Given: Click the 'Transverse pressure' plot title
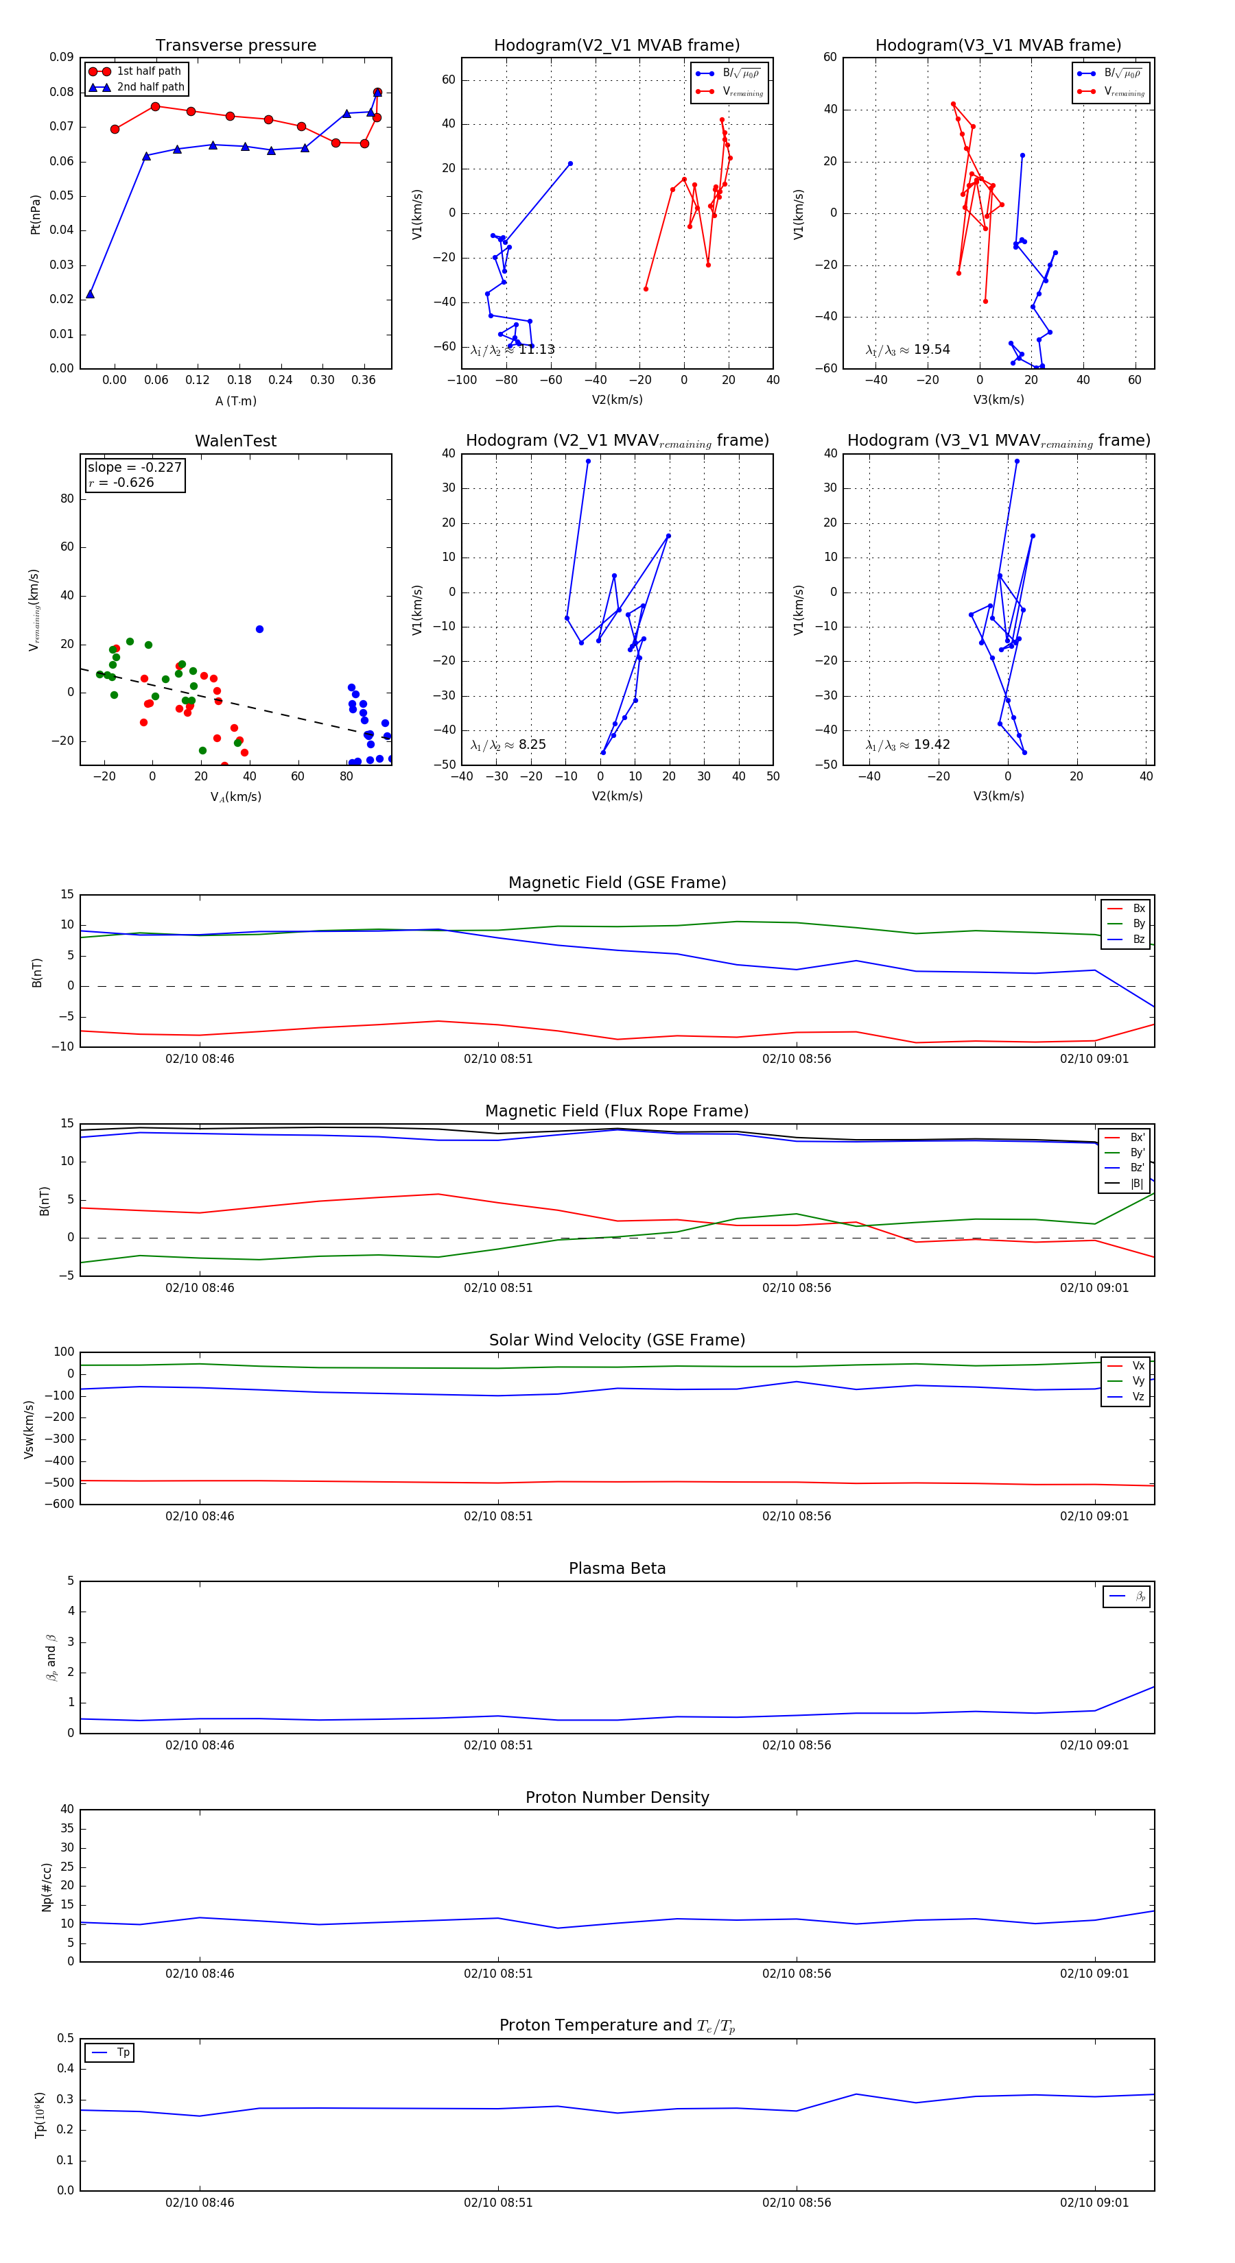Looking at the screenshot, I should click(x=235, y=46).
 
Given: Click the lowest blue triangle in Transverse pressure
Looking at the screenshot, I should click(x=90, y=294).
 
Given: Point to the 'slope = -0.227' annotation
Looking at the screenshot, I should click(x=134, y=468).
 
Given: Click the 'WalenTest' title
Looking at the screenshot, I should click(x=235, y=441).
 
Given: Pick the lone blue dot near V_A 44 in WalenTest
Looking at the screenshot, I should click(x=259, y=629).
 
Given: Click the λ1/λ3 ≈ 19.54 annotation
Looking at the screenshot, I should click(x=908, y=350).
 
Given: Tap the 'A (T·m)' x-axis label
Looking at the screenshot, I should click(x=235, y=400).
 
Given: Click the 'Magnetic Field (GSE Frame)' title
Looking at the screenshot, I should click(x=617, y=883).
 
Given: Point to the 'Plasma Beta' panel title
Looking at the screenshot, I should click(x=617, y=1568).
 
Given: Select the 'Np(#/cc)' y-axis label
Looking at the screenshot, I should click(x=47, y=1887).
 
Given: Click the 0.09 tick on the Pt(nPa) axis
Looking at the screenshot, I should click(x=62, y=57).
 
